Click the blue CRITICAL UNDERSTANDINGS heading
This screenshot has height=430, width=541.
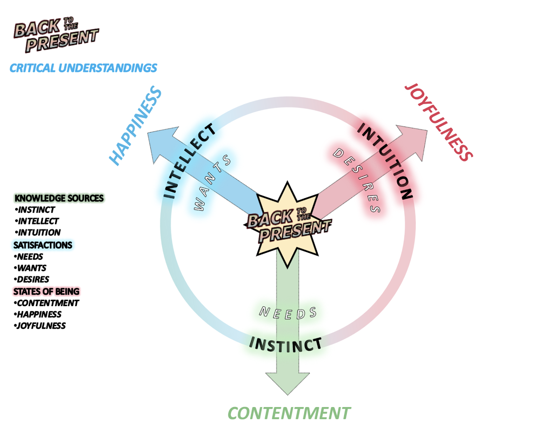coord(83,68)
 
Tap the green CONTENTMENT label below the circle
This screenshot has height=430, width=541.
coord(289,413)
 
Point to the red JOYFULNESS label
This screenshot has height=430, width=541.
coord(439,122)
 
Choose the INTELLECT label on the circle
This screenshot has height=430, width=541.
coord(189,161)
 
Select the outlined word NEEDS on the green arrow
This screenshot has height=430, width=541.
coord(288,313)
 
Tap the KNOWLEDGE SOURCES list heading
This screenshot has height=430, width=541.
coord(59,198)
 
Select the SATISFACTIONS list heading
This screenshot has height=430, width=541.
coord(43,245)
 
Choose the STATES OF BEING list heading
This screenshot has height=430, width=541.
coord(46,291)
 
